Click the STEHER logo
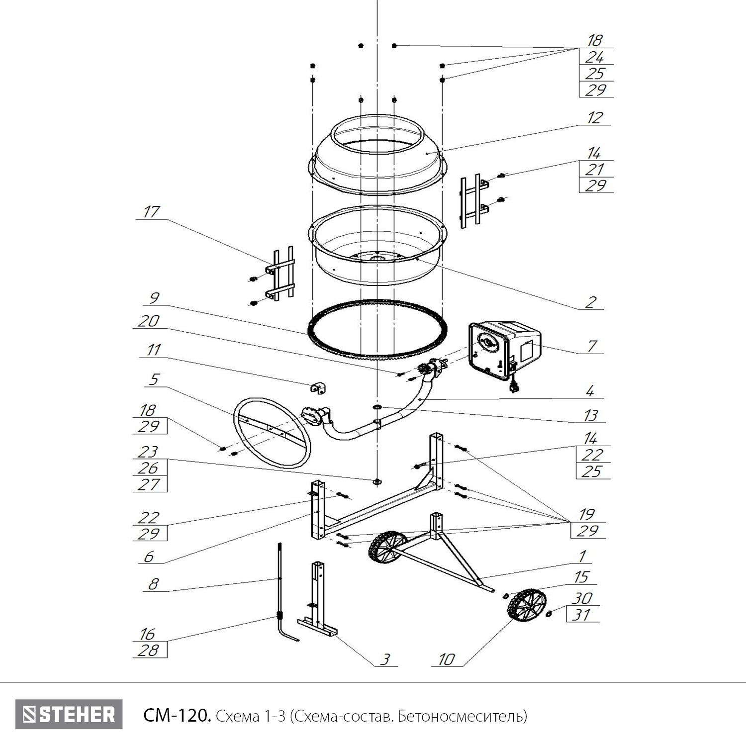coord(69,715)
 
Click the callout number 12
coord(595,118)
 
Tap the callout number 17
coord(151,212)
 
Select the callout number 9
coord(154,298)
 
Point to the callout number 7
coord(592,346)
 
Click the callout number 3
coord(385,659)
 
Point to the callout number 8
coord(153,584)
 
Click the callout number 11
coord(153,350)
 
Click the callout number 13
coord(591,415)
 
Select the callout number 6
coord(149,557)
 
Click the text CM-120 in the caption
coord(177,716)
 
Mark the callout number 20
coord(149,321)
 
